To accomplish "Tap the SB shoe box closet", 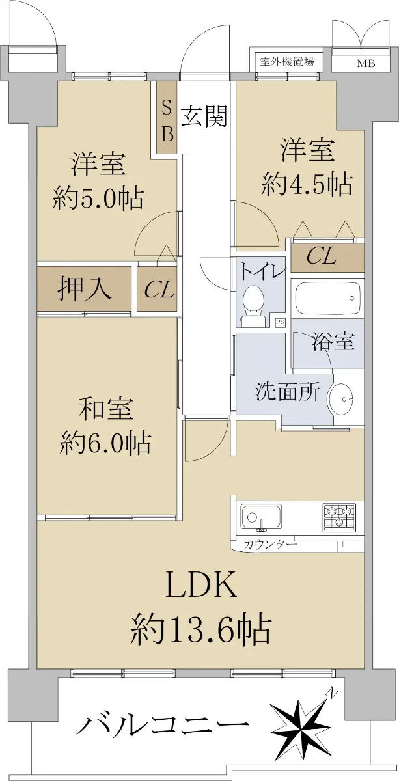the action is click(x=167, y=116).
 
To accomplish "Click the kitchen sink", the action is click(x=261, y=517).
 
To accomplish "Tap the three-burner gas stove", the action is click(x=339, y=517).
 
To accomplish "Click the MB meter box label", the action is click(x=366, y=64).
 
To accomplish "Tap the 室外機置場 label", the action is click(x=286, y=61).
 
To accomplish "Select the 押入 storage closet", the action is click(x=85, y=289).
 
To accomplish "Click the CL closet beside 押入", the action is click(x=157, y=289).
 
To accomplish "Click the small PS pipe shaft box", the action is click(x=280, y=323).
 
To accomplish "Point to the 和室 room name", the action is click(x=105, y=409).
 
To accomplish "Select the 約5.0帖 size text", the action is click(x=98, y=199).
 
